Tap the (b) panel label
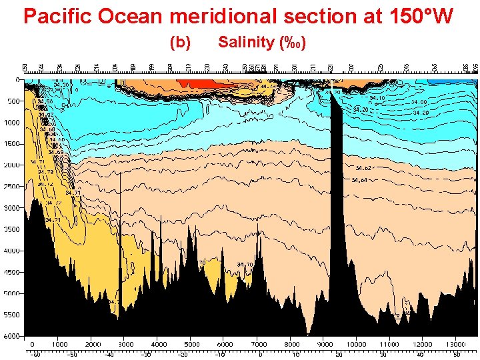[181, 43]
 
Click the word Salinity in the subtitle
[246, 43]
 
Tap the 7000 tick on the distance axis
[259, 345]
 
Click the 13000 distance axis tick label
[457, 345]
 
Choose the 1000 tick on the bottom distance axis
[60, 345]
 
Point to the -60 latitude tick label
[35, 355]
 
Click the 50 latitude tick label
[456, 355]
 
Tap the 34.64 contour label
[360, 181]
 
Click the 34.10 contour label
[377, 98]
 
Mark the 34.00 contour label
[419, 102]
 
